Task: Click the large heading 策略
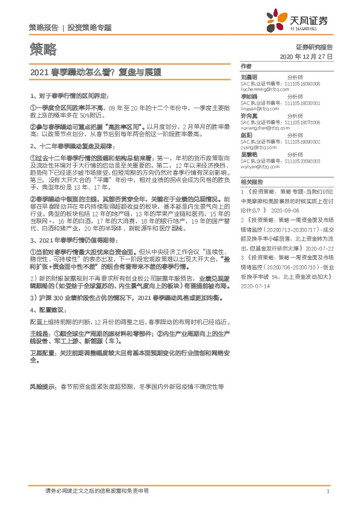coord(42,48)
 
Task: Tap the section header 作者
coord(245,65)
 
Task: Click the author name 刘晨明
coord(249,77)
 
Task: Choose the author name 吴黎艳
coord(249,155)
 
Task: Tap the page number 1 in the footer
coord(327,491)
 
